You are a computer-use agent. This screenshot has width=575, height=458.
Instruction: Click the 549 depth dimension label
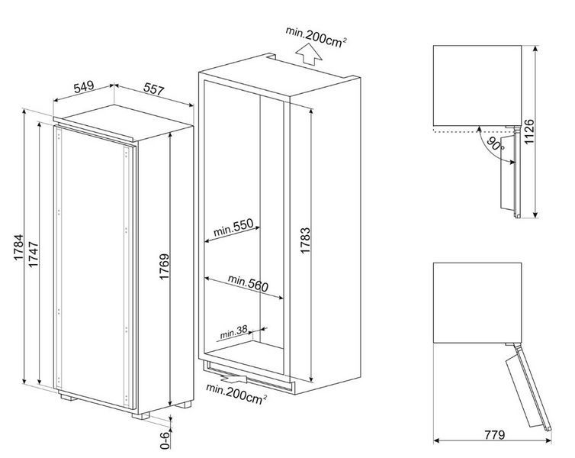point(84,87)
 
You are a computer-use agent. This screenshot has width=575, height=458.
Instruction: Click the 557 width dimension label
point(153,89)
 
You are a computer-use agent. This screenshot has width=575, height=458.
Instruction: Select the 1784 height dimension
point(19,247)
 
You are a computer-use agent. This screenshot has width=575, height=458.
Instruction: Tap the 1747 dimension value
point(34,254)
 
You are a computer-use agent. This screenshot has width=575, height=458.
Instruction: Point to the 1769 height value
point(164,266)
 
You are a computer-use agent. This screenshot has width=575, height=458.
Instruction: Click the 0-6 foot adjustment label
point(165,440)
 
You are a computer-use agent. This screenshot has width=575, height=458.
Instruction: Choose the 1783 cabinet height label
point(305,240)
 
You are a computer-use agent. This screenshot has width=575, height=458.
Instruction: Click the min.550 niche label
point(233,227)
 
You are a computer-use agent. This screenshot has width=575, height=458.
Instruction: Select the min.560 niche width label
point(248,282)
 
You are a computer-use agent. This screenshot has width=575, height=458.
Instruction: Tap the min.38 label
point(233,333)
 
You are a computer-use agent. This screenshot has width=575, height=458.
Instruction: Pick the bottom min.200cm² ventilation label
point(236,394)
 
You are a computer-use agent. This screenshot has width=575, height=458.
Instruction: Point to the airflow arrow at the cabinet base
point(233,377)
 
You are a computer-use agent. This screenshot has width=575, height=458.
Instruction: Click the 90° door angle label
point(496,144)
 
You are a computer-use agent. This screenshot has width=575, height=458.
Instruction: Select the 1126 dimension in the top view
point(529,131)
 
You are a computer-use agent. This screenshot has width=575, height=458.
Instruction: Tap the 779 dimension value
point(495,435)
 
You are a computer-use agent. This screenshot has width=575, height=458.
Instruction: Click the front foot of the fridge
point(141,416)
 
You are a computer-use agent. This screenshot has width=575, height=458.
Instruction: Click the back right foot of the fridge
point(183,405)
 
